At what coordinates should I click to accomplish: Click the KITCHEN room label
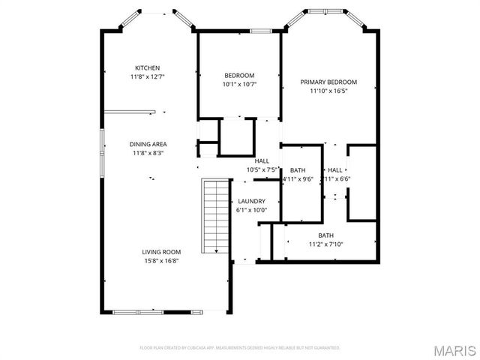(x=147, y=67)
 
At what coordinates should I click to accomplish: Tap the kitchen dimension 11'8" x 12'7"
(x=147, y=76)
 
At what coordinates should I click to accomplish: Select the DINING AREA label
(x=148, y=144)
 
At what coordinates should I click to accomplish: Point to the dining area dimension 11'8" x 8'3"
(x=148, y=153)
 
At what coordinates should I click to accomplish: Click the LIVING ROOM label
(x=161, y=252)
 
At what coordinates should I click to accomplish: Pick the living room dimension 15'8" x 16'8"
(x=161, y=261)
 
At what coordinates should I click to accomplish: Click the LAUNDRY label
(x=251, y=201)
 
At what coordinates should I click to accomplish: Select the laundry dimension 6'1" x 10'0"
(x=251, y=210)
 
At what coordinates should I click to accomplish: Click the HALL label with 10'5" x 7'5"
(x=262, y=160)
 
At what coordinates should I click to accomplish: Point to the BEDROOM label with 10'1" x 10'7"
(x=239, y=75)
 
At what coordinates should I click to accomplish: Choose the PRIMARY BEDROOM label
(x=328, y=82)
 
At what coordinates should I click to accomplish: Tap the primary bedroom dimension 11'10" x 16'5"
(x=328, y=91)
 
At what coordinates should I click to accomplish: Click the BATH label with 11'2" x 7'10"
(x=325, y=235)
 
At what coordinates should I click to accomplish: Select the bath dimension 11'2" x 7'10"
(x=325, y=244)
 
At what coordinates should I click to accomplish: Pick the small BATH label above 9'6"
(x=298, y=170)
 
